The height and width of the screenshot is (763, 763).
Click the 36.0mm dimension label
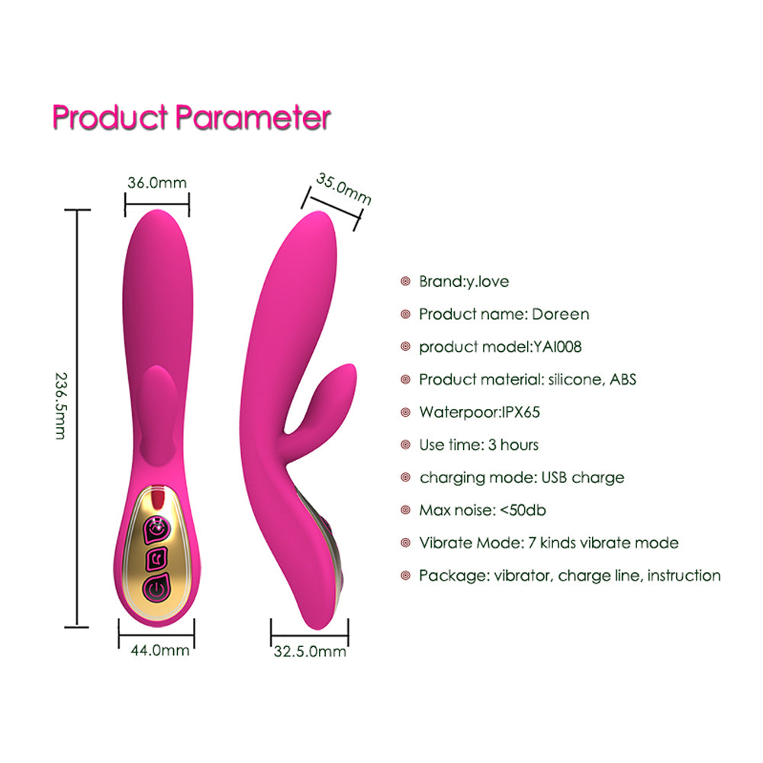(x=156, y=183)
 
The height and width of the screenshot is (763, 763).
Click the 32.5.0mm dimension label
(x=310, y=652)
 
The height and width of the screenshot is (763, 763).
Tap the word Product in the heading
(x=110, y=118)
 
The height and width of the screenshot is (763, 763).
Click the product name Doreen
(x=560, y=314)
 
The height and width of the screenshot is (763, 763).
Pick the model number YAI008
(x=557, y=346)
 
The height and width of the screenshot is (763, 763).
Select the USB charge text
(x=584, y=478)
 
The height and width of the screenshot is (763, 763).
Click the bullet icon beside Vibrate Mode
(x=406, y=543)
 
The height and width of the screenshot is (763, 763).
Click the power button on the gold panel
(x=157, y=588)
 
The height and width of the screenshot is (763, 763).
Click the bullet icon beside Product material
(x=406, y=379)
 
